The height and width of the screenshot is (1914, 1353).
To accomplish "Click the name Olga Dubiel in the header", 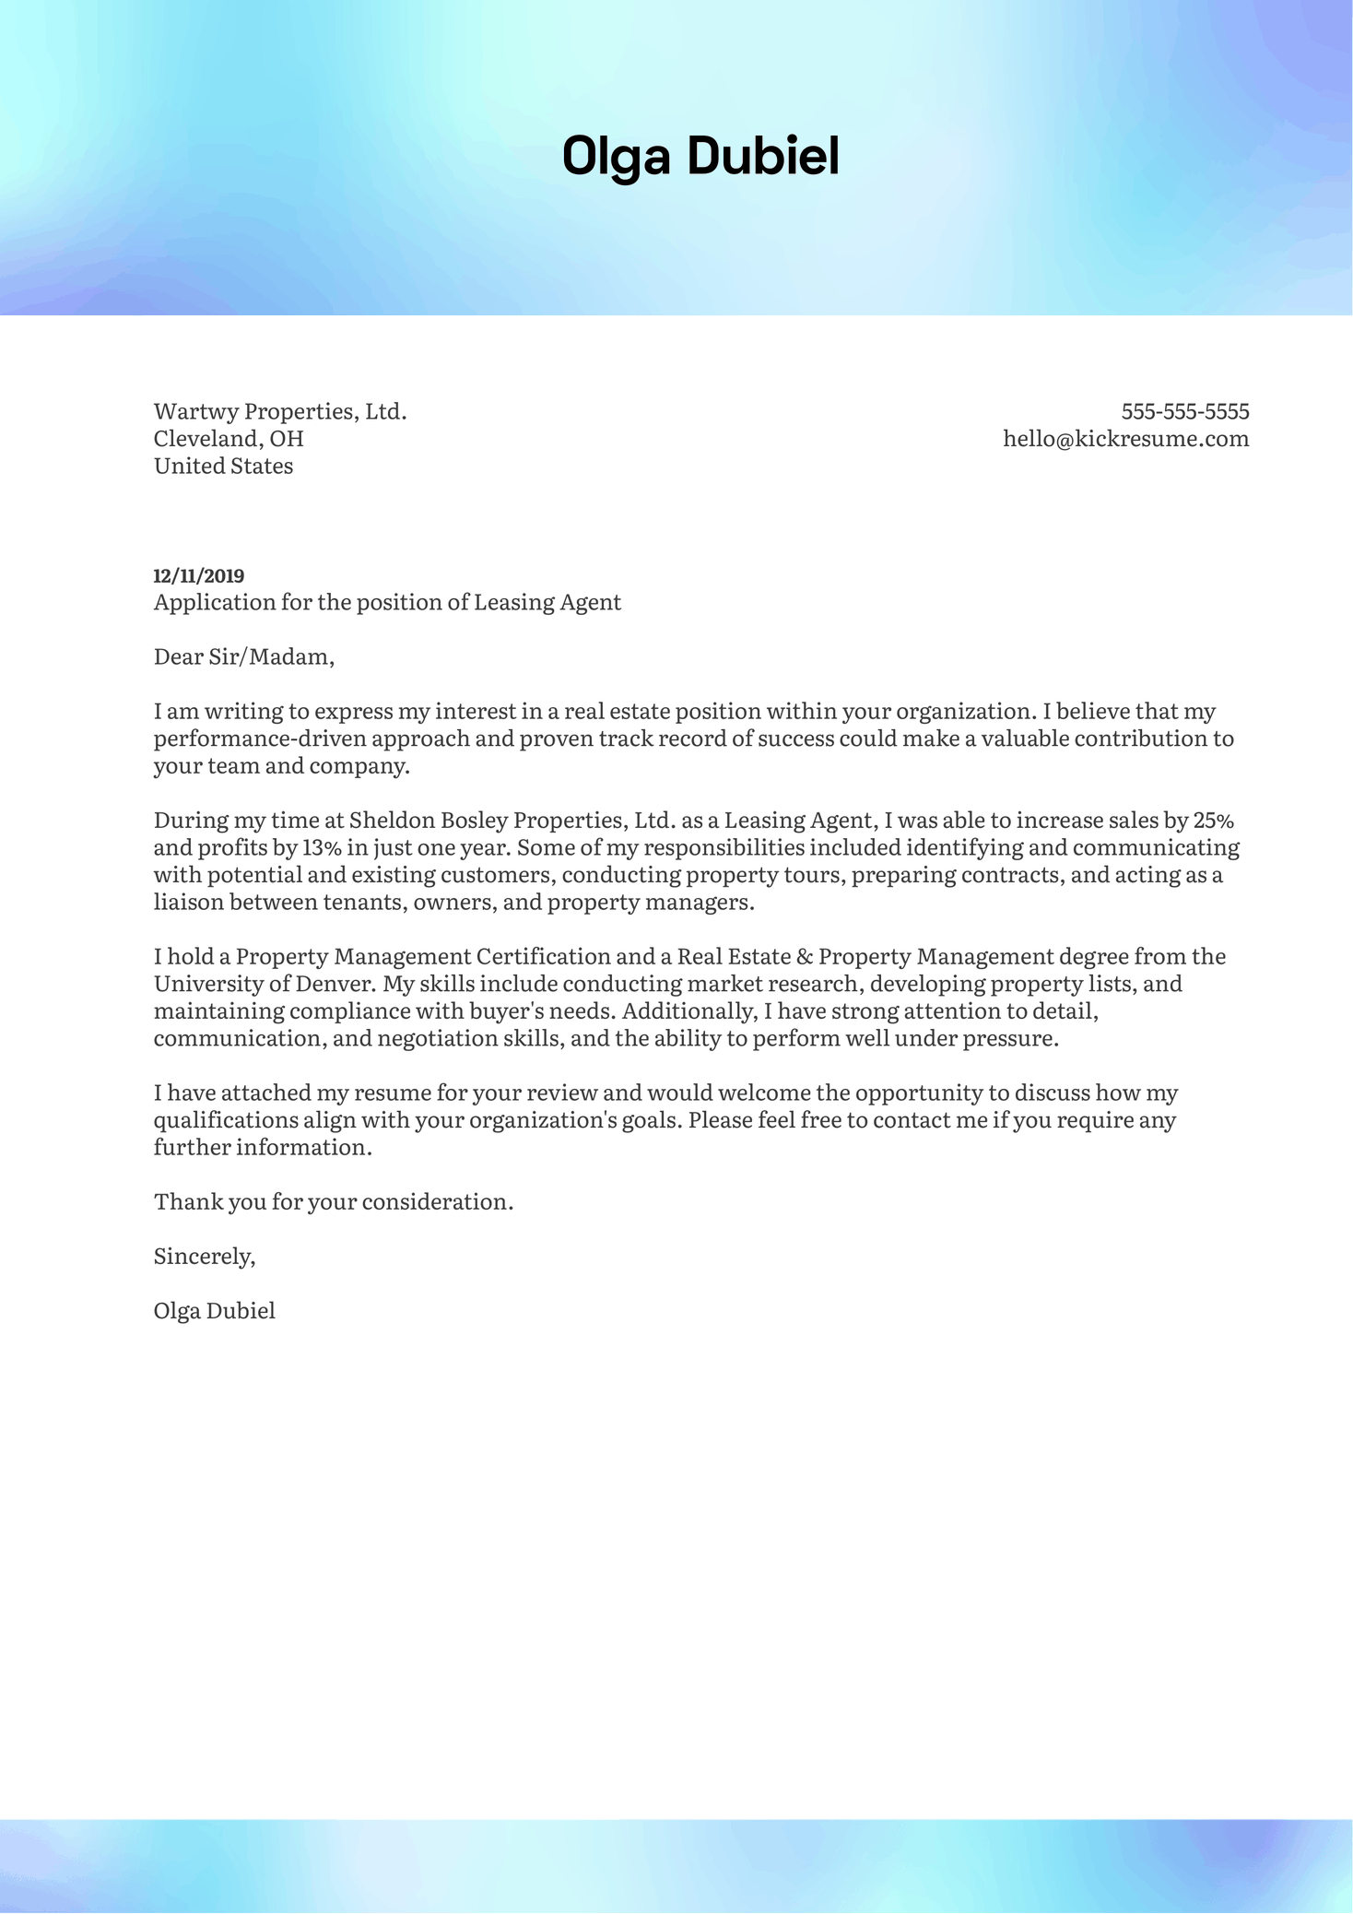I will (x=700, y=156).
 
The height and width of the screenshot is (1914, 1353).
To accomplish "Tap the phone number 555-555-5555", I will (x=1184, y=411).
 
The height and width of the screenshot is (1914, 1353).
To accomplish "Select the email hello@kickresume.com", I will (x=1125, y=439).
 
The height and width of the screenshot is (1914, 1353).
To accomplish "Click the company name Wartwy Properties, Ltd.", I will (x=280, y=411).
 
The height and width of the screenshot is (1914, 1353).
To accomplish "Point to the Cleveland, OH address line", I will (x=229, y=439).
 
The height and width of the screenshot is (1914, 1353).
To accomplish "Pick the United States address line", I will (x=223, y=467).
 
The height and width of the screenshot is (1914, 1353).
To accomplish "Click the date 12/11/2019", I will (x=198, y=576).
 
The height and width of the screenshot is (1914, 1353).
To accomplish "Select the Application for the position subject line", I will (x=387, y=603).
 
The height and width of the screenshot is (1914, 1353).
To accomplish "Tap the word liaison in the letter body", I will (x=188, y=902).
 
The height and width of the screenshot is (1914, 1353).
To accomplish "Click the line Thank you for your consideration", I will (x=333, y=1202).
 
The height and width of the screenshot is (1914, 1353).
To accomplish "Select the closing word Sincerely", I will (x=204, y=1257).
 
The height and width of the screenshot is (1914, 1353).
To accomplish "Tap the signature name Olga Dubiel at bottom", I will (x=215, y=1311).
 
